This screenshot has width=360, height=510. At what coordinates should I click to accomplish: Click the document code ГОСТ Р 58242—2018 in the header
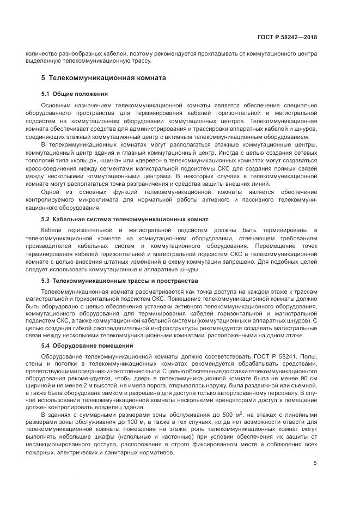(x=286, y=37)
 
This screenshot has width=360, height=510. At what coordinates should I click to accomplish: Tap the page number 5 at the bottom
(x=315, y=464)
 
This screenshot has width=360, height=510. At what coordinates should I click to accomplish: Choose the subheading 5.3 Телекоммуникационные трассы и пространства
(x=119, y=281)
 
